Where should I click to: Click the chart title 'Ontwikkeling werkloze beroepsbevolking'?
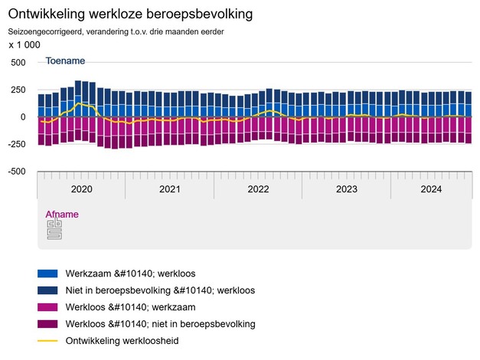130,15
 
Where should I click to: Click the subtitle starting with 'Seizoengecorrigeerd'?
116,31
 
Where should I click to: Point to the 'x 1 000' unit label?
24,45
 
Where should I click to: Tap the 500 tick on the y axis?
18,62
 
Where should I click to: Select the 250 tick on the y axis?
18,90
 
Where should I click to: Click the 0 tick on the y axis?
23,117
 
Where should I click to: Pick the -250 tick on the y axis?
16,144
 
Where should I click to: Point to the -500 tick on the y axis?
16,172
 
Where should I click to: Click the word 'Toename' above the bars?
65,61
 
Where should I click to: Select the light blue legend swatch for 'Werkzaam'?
47,273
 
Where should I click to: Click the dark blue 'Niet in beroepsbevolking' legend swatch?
47,290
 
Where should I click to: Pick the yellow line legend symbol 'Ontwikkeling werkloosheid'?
47,341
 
